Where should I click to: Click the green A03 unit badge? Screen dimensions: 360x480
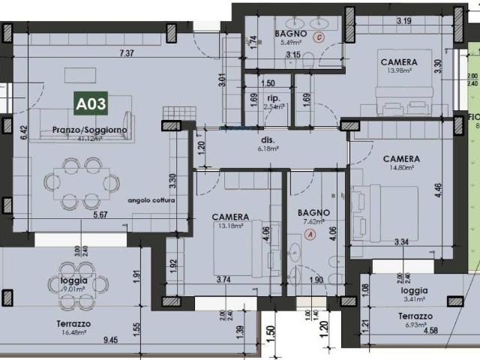[x=89, y=104]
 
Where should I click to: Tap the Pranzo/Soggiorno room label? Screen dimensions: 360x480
[x=89, y=130]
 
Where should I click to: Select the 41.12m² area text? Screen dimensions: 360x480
[x=90, y=139]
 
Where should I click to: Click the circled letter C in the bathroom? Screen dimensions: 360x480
[x=319, y=36]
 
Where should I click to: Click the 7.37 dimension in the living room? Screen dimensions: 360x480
[x=127, y=53]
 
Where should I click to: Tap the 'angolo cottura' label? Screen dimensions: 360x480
[x=151, y=200]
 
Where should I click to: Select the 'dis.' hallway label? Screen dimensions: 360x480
[x=268, y=140]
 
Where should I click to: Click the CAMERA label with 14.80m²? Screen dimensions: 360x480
[x=401, y=159]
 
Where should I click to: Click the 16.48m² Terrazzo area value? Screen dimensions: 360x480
[x=74, y=332]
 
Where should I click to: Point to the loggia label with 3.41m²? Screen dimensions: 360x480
[x=415, y=289]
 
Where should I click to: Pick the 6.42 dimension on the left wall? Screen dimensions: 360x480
[x=24, y=133]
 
